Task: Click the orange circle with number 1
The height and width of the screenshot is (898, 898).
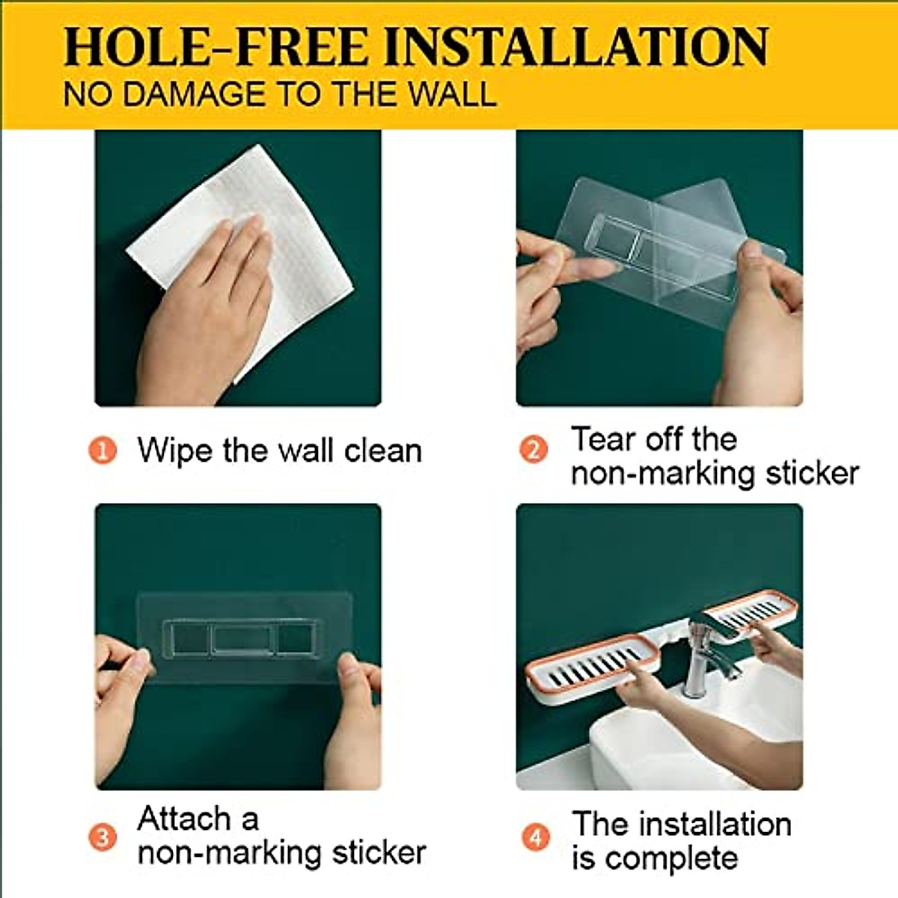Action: tap(103, 450)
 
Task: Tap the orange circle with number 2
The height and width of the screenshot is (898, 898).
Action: tap(534, 449)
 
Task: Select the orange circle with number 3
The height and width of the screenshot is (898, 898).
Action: tap(103, 837)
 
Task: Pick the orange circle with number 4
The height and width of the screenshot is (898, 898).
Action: tap(534, 837)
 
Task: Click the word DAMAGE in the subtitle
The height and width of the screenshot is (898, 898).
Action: tap(196, 95)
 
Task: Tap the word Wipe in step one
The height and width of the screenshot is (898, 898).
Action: tap(174, 451)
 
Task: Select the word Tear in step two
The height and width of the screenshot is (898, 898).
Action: tap(603, 439)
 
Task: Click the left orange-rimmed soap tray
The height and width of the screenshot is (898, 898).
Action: tap(591, 662)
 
